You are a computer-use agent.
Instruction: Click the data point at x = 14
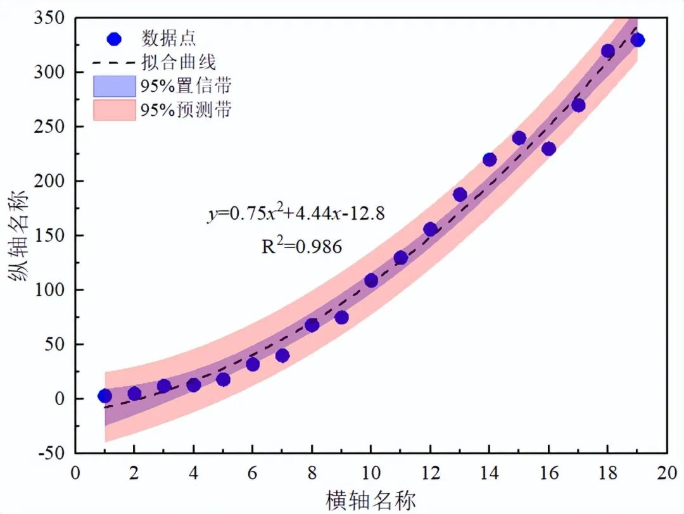(x=490, y=160)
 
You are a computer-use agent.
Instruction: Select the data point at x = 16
(x=548, y=149)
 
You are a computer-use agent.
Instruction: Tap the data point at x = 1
(x=104, y=396)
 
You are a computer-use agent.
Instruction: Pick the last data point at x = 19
(x=637, y=40)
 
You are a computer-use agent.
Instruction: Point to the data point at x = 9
(x=341, y=317)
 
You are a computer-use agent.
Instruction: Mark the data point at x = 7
(x=282, y=356)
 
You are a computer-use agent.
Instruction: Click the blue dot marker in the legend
(x=114, y=39)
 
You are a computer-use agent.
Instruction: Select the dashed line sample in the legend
(x=114, y=63)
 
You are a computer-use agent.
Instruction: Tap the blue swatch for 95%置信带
(x=114, y=85)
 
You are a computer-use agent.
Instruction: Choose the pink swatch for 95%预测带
(x=114, y=110)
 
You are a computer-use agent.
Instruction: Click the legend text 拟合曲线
(x=179, y=63)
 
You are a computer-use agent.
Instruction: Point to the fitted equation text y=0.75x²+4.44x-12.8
(x=296, y=214)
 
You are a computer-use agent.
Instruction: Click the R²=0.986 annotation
(x=302, y=246)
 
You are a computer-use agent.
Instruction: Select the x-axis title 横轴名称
(x=371, y=500)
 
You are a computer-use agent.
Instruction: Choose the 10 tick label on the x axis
(x=370, y=473)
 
